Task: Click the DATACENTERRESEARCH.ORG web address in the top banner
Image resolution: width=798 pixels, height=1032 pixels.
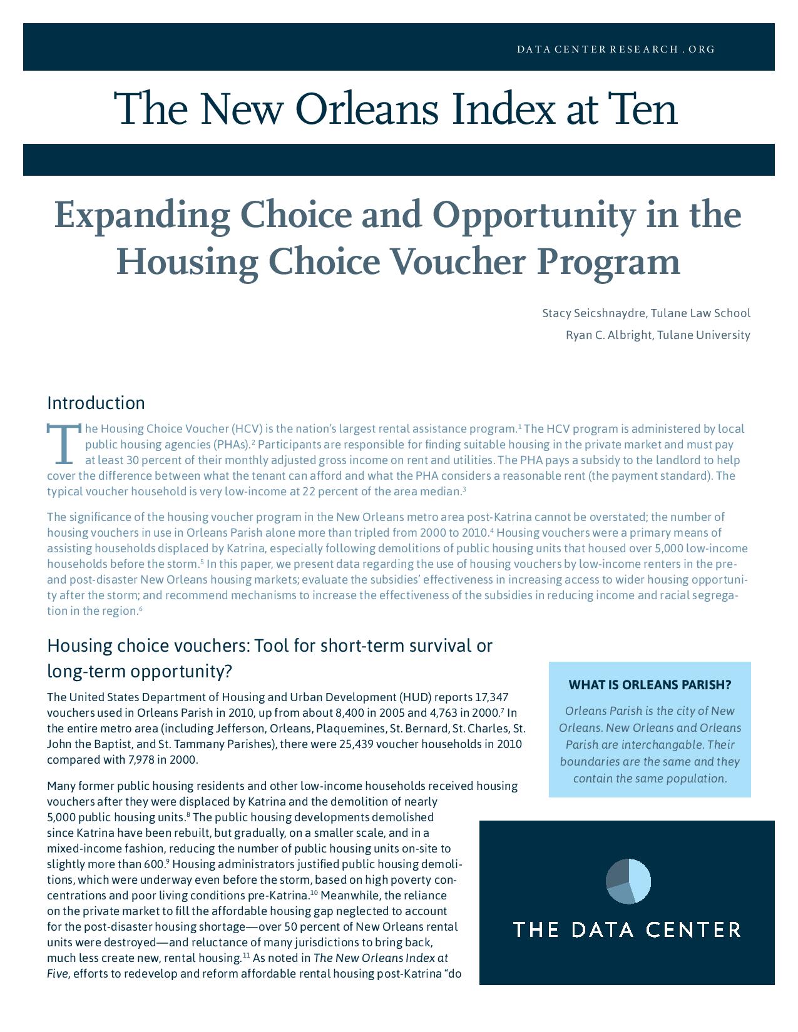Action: coord(615,49)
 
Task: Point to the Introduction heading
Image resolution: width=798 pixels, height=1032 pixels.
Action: coord(96,402)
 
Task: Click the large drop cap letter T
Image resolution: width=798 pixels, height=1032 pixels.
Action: coord(63,443)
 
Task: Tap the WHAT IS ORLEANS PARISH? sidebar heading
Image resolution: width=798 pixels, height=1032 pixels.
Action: coord(650,685)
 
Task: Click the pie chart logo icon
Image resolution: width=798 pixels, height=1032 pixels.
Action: coord(628,881)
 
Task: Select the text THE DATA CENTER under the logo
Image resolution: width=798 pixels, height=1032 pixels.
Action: coord(627,929)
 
